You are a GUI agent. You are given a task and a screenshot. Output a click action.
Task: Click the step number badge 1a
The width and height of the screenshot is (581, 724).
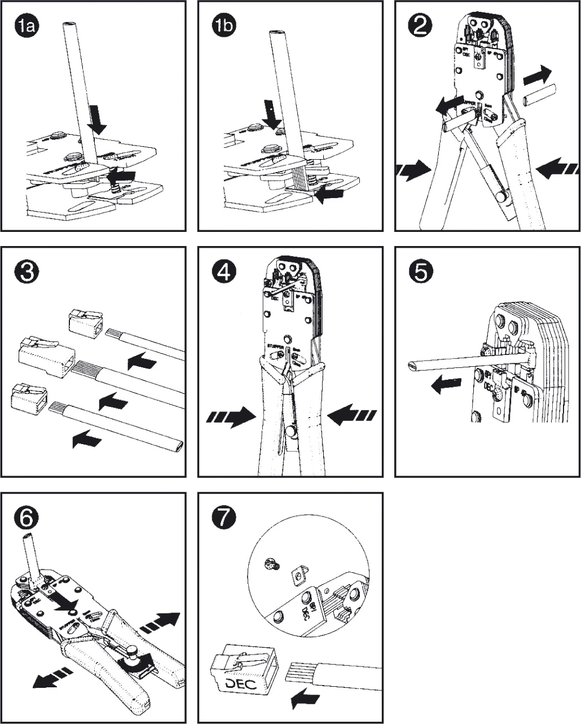(x=26, y=27)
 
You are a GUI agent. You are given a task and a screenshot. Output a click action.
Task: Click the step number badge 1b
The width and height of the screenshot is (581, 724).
(x=224, y=27)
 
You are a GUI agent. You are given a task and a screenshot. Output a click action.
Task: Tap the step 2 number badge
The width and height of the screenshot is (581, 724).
(x=420, y=27)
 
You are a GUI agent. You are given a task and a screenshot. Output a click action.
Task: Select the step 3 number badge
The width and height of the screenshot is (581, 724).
(x=26, y=273)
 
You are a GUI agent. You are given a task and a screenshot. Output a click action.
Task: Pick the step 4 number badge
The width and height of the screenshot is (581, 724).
(x=224, y=273)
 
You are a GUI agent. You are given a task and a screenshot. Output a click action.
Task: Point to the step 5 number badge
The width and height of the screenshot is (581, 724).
(x=420, y=273)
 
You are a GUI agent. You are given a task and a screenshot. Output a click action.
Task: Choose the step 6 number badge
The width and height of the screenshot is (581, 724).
(x=26, y=518)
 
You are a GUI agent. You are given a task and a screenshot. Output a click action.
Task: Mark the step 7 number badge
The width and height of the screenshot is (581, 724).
(x=224, y=518)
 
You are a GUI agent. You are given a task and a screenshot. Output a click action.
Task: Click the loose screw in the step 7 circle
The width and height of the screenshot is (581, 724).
(x=271, y=563)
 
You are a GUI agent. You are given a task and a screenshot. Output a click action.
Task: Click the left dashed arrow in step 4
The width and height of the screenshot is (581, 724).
(x=231, y=417)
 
